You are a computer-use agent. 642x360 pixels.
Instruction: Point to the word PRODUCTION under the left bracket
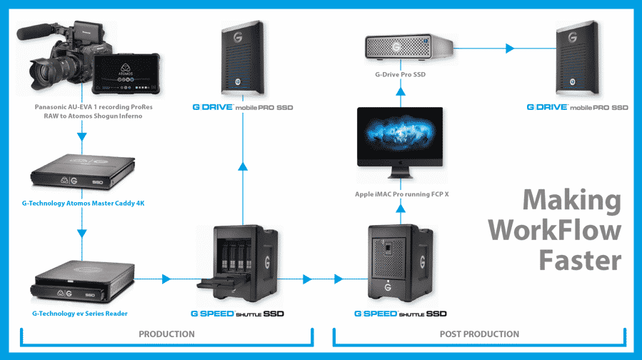coord(166,334)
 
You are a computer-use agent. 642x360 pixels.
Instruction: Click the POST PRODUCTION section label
coord(480,334)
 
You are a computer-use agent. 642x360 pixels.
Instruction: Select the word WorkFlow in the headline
coord(563,230)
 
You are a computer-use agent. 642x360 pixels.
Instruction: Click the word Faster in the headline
coord(579,259)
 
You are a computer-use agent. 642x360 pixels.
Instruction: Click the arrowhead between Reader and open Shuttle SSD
coord(167,279)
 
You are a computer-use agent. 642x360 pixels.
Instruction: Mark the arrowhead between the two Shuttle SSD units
coord(308,279)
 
